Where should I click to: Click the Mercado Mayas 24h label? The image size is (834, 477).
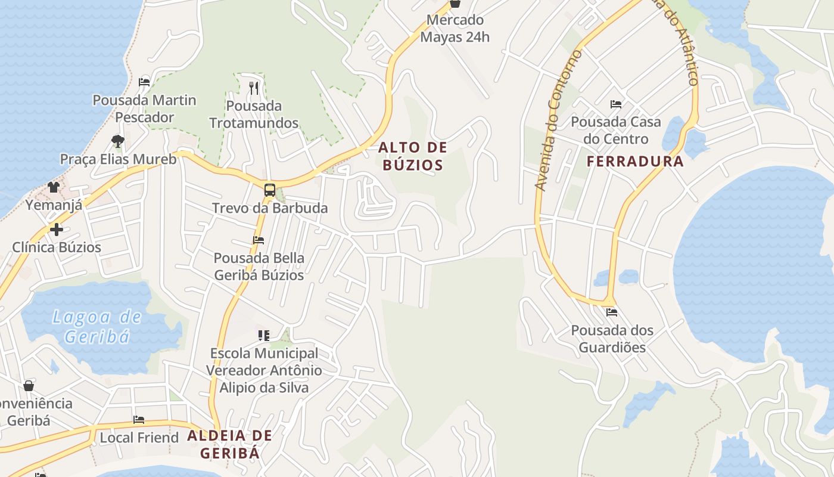(455, 28)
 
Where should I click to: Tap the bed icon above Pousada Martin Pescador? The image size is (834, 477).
(144, 82)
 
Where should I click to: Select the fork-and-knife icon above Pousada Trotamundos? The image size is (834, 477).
(254, 88)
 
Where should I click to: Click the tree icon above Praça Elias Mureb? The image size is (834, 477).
(118, 141)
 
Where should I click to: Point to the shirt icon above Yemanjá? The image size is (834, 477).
(54, 187)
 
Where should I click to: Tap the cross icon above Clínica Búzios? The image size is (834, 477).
(57, 229)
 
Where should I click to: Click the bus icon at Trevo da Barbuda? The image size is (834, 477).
(270, 190)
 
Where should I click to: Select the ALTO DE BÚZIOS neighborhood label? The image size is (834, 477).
(413, 156)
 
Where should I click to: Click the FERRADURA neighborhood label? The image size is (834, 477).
(635, 162)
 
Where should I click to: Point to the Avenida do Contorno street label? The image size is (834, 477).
(558, 121)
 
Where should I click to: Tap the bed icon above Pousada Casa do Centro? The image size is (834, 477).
(616, 104)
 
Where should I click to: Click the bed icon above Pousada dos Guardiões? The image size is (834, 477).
(612, 312)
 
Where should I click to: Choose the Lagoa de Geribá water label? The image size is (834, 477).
(97, 326)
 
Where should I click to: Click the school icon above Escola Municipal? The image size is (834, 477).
(264, 335)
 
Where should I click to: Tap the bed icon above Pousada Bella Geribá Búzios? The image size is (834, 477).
(259, 240)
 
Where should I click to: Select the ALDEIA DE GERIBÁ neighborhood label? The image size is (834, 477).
(230, 444)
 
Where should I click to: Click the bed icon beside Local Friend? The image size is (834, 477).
(139, 420)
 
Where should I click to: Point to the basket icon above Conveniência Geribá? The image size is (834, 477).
(29, 386)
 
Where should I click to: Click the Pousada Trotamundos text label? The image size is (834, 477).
(254, 114)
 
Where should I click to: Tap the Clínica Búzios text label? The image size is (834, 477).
(57, 247)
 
